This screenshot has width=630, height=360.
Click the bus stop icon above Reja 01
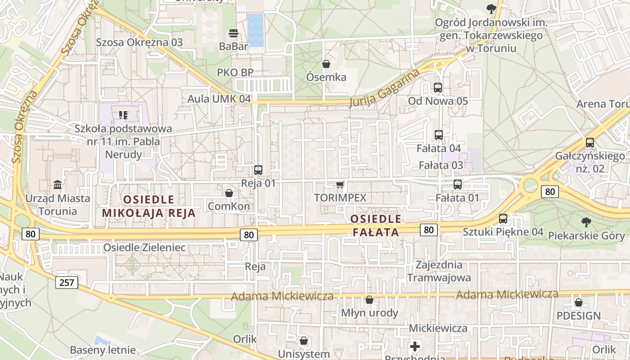tap(258, 170)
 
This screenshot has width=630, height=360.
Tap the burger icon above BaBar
tap(234, 33)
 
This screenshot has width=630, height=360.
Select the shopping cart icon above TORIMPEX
tap(340, 184)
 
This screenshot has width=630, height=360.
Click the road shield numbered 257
tap(67, 283)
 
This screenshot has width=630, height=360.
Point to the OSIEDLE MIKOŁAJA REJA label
tap(149, 206)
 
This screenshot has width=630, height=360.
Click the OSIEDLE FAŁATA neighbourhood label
tap(375, 225)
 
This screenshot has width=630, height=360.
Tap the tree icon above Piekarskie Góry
tap(586, 222)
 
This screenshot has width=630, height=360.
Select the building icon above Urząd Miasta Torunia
tap(58, 185)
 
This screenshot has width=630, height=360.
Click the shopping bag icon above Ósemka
tap(326, 64)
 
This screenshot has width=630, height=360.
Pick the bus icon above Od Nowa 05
tap(438, 88)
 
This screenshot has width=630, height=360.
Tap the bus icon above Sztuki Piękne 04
tap(503, 219)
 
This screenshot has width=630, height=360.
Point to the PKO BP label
tap(235, 72)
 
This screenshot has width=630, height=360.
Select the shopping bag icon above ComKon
tap(229, 193)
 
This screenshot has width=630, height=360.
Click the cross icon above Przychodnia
tap(415, 346)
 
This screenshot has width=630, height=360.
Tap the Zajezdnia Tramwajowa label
tap(439, 271)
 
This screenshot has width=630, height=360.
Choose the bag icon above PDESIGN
tap(579, 302)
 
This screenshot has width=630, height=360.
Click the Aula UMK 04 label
tap(219, 99)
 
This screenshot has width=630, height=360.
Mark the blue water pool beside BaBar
tap(256, 30)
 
